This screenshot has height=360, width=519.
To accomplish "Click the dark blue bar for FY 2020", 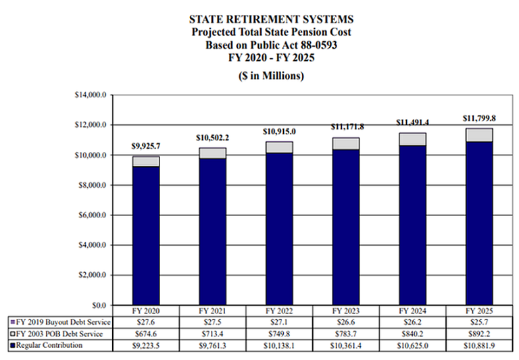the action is (146, 236).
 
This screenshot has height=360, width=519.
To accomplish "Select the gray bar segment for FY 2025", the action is (479, 135).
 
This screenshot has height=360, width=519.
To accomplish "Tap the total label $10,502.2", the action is (212, 138).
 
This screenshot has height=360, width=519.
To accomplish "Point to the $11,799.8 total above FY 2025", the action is (479, 118).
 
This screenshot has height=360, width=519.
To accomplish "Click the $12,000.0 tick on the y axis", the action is (91, 125).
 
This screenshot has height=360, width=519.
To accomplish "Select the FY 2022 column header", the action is (279, 311).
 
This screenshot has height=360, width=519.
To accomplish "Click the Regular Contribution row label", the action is (49, 345).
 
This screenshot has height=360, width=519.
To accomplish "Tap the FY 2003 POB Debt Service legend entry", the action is (57, 334).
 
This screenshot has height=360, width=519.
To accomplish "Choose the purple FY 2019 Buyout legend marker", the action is (13, 322).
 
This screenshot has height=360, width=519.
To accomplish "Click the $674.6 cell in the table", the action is (146, 334).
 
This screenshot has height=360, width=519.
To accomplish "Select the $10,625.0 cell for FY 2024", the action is (412, 346).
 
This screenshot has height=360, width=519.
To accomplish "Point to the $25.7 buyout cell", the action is (479, 322).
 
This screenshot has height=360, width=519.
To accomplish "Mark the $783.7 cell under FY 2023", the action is (346, 334).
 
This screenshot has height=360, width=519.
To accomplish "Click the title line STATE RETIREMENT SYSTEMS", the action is (271, 19).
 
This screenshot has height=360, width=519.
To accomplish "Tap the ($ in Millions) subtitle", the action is (271, 76).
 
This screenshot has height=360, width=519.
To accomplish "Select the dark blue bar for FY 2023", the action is (346, 228).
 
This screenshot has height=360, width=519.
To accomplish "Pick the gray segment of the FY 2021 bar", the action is (212, 153).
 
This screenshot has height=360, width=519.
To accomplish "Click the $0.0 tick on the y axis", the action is (99, 305).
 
